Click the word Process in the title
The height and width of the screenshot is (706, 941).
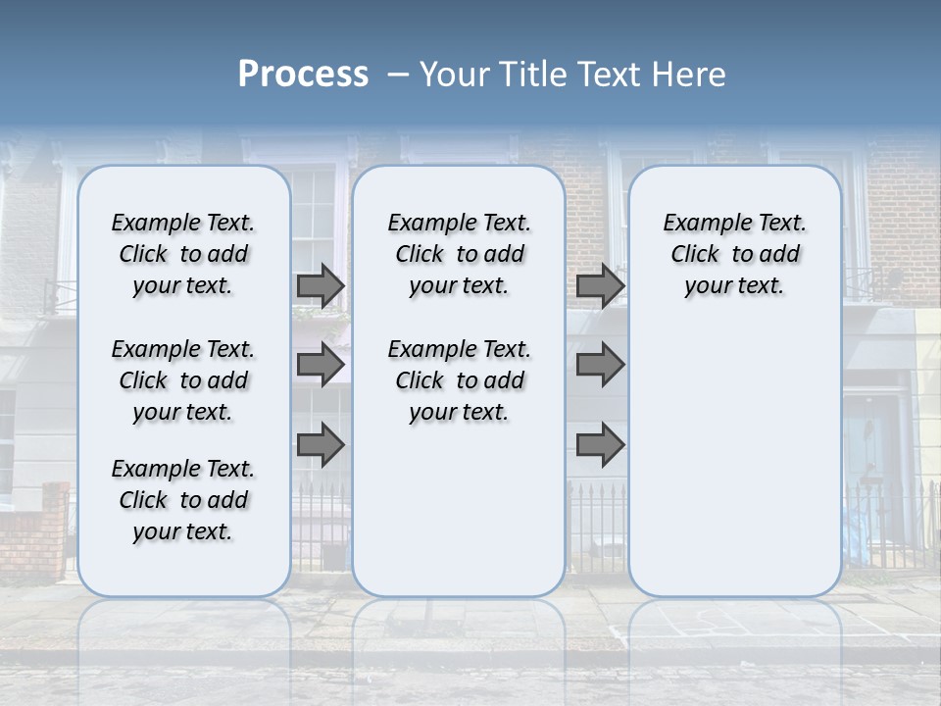click(x=303, y=75)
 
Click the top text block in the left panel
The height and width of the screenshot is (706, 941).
click(x=183, y=254)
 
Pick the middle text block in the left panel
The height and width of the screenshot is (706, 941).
click(x=183, y=380)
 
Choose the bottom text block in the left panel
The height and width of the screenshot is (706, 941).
click(x=183, y=500)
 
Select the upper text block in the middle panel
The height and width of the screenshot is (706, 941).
click(x=459, y=254)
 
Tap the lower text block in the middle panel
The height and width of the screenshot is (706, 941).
click(x=459, y=380)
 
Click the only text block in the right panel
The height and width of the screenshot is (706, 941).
click(x=735, y=254)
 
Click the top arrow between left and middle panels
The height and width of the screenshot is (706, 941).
click(x=321, y=285)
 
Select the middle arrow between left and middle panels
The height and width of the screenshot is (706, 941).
click(x=321, y=365)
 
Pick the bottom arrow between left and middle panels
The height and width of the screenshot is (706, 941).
click(x=321, y=445)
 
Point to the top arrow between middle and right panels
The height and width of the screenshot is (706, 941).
click(x=600, y=285)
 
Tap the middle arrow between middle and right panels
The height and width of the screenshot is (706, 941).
click(x=600, y=365)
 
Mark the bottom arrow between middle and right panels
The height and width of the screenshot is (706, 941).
click(x=600, y=445)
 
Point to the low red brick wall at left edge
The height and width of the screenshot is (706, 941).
click(x=34, y=534)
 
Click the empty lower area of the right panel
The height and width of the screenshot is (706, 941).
click(x=735, y=461)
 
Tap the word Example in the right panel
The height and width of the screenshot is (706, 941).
click(x=700, y=224)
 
